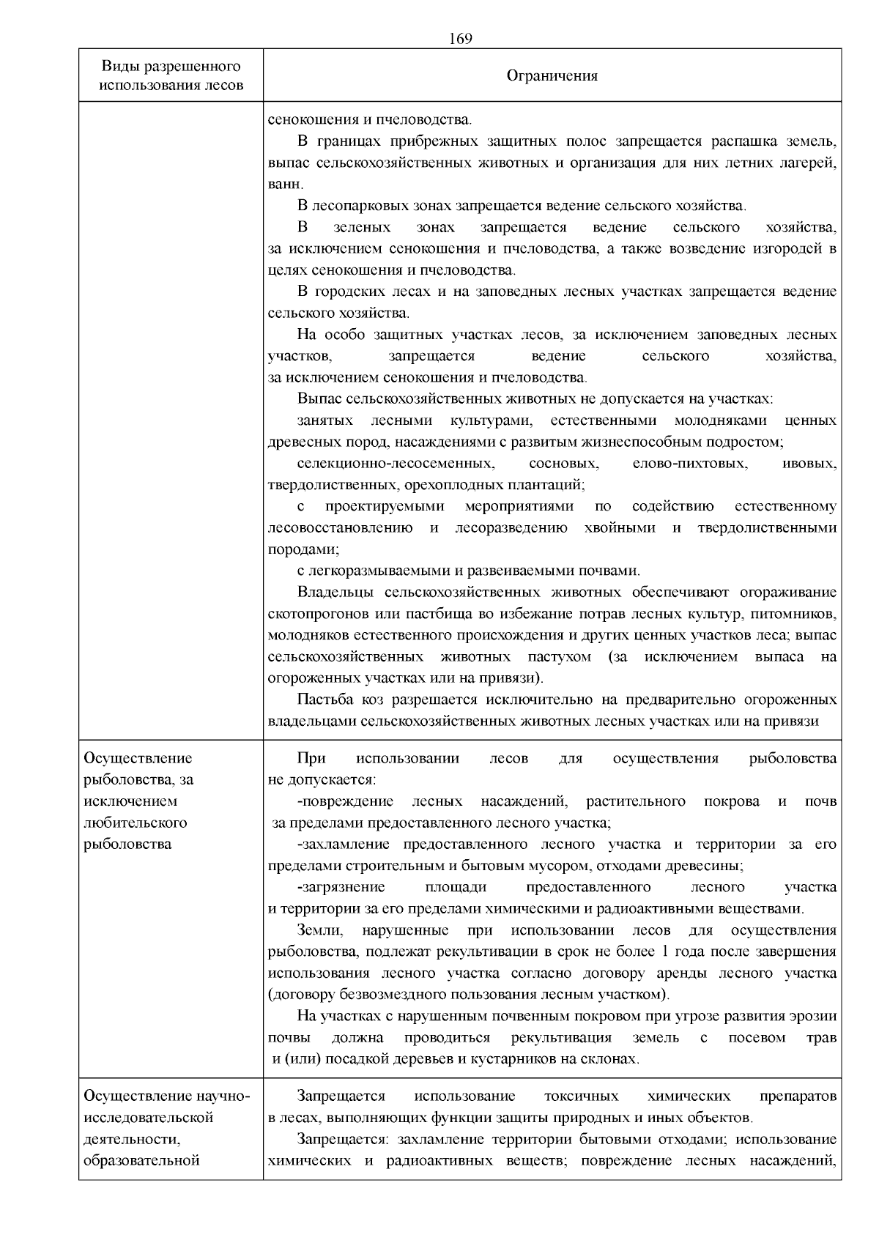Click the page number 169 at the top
point(461,39)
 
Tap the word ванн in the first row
point(281,184)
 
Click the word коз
point(374,700)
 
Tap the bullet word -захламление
point(345,844)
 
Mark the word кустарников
point(530,1058)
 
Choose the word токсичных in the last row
point(582,1097)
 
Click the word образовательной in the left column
point(142,1160)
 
